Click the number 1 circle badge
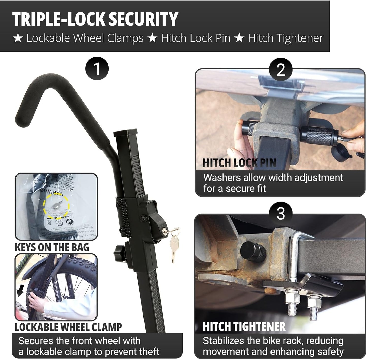click(x=97, y=69)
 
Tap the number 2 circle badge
click(x=280, y=70)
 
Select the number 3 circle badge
click(x=280, y=214)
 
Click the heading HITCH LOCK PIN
click(x=239, y=163)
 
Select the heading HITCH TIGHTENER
click(x=244, y=326)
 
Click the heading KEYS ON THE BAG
click(x=52, y=247)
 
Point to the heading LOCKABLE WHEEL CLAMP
click(x=68, y=327)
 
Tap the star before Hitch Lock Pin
click(x=152, y=38)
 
